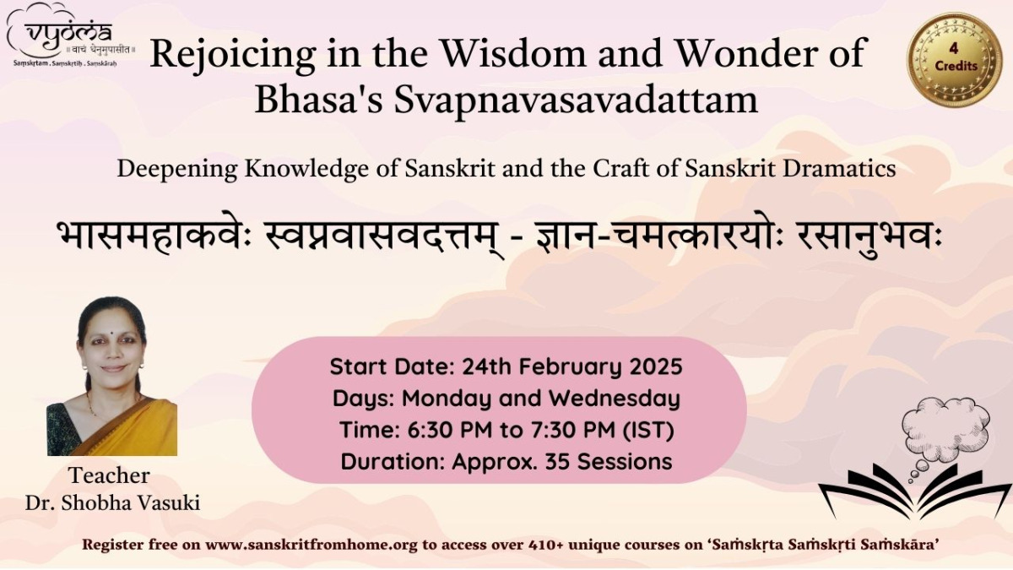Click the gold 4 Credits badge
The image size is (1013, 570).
tap(955, 59)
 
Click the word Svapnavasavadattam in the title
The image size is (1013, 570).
tap(575, 100)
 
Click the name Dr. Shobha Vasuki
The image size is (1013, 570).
tap(112, 503)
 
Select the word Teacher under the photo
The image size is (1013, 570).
tap(109, 475)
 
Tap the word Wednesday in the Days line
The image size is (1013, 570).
tap(615, 399)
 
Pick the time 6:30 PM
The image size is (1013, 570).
tap(450, 430)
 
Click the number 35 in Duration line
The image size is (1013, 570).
tap(558, 462)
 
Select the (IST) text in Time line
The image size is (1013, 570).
tap(648, 430)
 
